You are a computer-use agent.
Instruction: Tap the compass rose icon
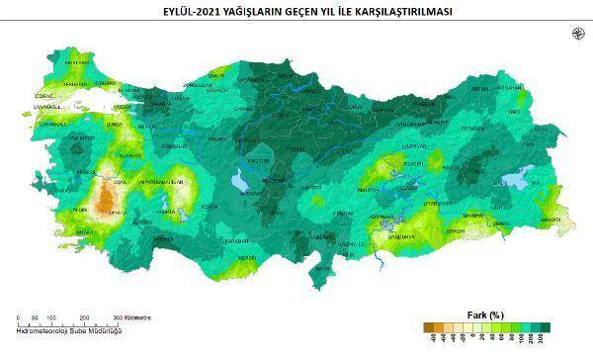(x=578, y=34)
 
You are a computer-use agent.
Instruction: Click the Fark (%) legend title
(x=484, y=315)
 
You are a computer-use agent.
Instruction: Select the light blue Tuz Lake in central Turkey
(x=239, y=181)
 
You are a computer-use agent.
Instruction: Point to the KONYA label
(x=210, y=206)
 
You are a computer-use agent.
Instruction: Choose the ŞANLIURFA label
(x=396, y=236)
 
